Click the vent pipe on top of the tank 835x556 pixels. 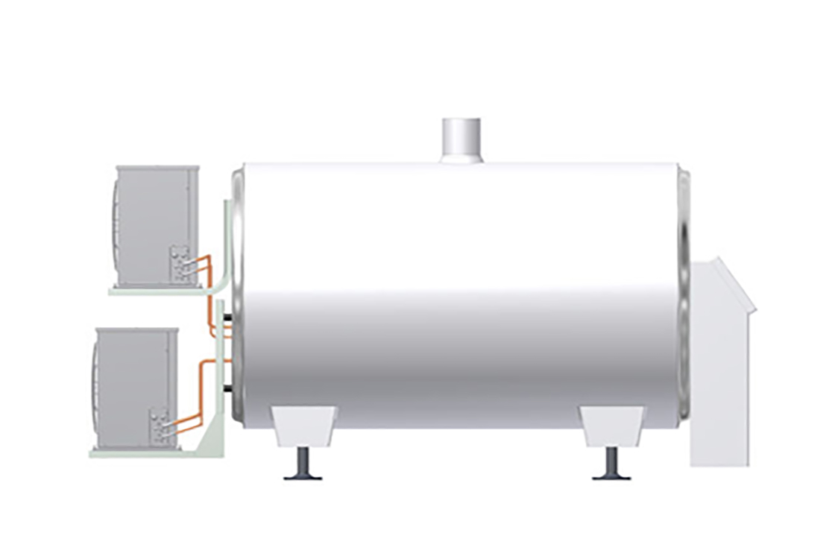point(462,139)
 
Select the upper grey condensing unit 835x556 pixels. point(153,224)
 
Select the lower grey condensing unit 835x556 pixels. point(134,388)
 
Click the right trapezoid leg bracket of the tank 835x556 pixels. point(611,425)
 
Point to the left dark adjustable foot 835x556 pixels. point(303,466)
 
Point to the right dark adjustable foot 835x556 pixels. point(611,466)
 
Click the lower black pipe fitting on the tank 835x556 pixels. point(225,388)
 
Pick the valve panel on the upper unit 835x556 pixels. point(180,265)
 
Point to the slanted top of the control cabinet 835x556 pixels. point(734,283)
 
